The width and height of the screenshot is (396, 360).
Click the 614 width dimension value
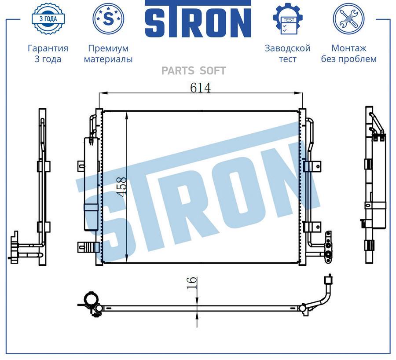pyautogui.click(x=200, y=88)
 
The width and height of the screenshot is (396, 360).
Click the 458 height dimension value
pyautogui.click(x=122, y=187)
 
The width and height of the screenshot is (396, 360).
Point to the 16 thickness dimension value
pyautogui.click(x=192, y=283)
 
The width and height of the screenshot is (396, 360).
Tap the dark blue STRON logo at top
pyautogui.click(x=198, y=19)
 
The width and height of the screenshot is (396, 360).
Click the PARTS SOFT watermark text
pyautogui.click(x=194, y=71)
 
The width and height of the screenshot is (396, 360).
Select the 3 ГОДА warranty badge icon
pyautogui.click(x=48, y=18)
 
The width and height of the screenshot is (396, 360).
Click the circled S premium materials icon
pyautogui.click(x=108, y=18)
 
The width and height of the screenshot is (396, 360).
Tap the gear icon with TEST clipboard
pyautogui.click(x=288, y=18)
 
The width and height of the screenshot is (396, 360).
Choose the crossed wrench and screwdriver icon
pyautogui.click(x=348, y=18)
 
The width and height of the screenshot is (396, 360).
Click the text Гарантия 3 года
pyautogui.click(x=48, y=53)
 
